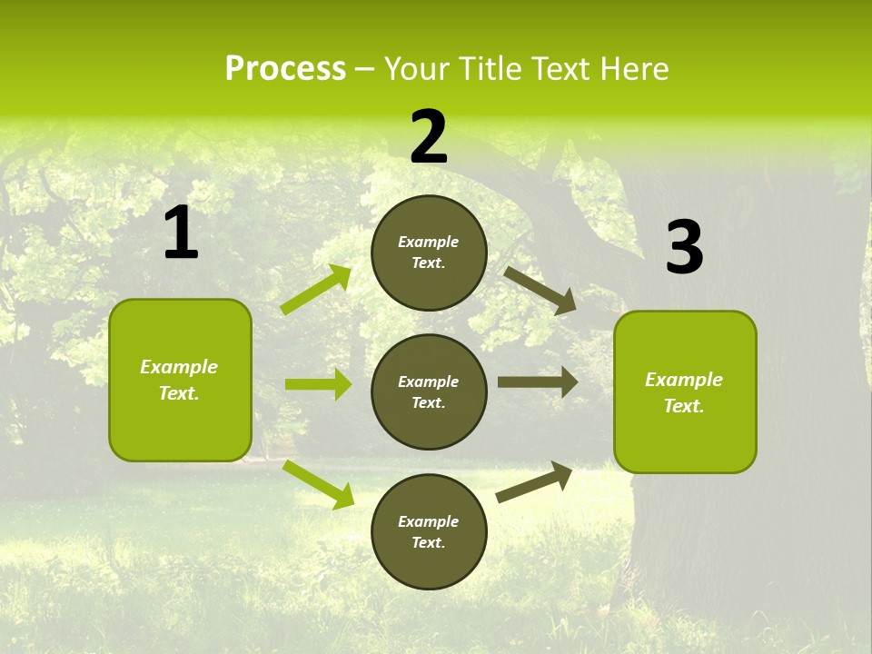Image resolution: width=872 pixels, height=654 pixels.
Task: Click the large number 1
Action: click(181, 233)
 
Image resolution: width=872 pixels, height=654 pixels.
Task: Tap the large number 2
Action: click(429, 138)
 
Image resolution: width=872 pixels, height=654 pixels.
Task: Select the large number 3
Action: click(684, 248)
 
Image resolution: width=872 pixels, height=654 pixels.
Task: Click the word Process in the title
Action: click(285, 68)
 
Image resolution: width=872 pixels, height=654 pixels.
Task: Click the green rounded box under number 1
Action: click(180, 380)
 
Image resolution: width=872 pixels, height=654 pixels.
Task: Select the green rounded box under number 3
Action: click(685, 391)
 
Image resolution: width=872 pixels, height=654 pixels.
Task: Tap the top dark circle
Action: click(429, 253)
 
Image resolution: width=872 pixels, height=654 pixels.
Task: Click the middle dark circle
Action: click(429, 391)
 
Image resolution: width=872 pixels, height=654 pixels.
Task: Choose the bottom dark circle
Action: click(429, 531)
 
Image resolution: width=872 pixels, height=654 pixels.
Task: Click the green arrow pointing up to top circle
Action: click(316, 290)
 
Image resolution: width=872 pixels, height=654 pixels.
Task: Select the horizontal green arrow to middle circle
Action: click(318, 384)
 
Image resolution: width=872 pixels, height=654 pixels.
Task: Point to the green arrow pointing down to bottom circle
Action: click(318, 484)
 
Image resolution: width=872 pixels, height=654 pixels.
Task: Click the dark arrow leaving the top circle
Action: click(541, 290)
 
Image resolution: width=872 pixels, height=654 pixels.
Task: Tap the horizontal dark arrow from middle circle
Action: click(538, 382)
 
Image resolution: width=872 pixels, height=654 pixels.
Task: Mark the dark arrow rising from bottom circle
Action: click(534, 482)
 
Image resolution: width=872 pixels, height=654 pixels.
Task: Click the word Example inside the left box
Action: click(179, 367)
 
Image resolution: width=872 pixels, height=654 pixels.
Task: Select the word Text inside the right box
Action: click(683, 406)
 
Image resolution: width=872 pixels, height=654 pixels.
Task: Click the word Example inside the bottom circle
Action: click(429, 521)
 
